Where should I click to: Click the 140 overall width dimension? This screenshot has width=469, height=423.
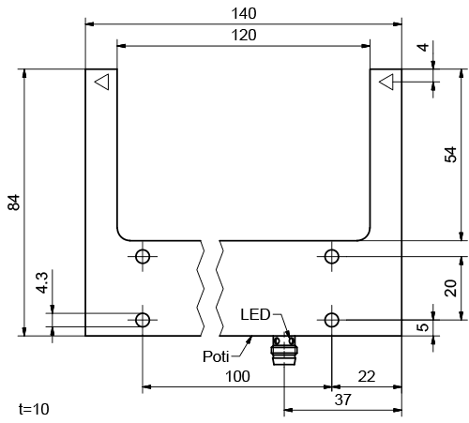243,12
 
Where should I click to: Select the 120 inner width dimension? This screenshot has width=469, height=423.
243,35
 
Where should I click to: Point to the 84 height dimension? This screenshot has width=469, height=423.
14,202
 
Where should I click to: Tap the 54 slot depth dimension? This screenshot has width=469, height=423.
450,154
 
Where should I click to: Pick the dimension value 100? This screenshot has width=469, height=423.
236,376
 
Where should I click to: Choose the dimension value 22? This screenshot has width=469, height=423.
366,376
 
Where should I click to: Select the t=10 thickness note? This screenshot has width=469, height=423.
34,409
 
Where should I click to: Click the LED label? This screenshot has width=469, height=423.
254,313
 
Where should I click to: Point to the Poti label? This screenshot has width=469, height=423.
217,356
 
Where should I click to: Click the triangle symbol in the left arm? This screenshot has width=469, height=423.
101,83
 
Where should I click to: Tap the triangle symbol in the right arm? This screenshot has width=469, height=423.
386,83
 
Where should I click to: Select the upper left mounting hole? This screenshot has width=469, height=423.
143,257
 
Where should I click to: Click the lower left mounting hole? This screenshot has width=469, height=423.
143,320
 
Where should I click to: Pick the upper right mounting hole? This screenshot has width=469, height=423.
332,257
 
